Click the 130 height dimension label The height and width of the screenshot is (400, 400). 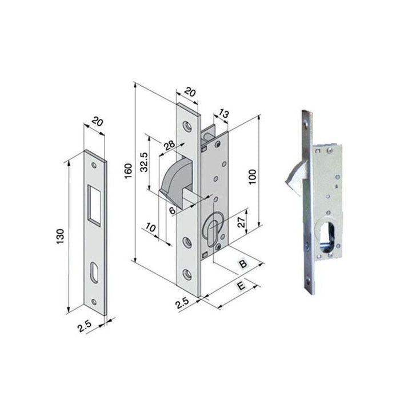coord(61,236)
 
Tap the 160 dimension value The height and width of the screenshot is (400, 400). coord(129,171)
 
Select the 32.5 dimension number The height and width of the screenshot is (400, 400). coord(144,162)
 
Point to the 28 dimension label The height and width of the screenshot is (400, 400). coord(169,145)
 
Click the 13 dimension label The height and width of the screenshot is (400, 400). coord(223,114)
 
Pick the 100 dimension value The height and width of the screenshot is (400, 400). coord(252,177)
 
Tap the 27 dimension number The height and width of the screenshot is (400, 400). coord(241,222)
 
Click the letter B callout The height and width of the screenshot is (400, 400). coord(243,264)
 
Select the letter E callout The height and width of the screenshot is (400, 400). coord(241,286)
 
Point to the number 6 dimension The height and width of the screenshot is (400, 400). coord(173,211)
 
